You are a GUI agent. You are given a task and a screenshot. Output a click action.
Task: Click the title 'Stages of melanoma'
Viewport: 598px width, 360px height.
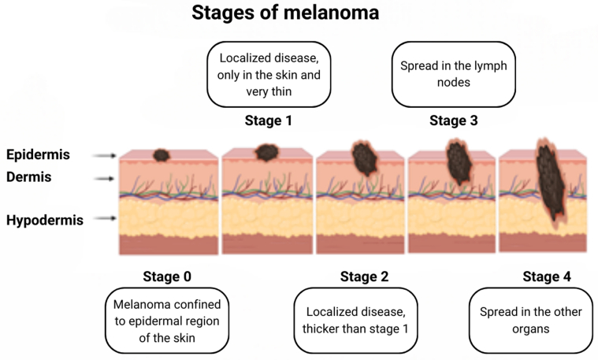click(x=284, y=13)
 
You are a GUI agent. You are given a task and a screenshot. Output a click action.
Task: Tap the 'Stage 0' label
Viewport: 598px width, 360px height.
click(x=166, y=276)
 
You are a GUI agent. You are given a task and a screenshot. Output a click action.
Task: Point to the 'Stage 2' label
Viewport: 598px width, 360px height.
click(x=364, y=276)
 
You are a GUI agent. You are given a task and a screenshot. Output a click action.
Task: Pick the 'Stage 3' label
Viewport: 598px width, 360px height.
click(x=453, y=121)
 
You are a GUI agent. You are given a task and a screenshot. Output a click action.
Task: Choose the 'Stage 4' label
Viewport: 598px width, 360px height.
click(x=546, y=276)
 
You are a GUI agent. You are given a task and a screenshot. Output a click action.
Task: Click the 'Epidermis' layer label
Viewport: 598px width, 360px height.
click(x=39, y=154)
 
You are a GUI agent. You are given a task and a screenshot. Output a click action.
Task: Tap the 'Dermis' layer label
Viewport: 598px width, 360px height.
click(x=29, y=177)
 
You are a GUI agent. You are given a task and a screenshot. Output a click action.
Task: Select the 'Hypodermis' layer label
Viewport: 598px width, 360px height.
click(x=44, y=221)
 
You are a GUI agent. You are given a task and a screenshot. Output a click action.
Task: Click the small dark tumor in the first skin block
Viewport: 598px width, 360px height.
click(x=163, y=156)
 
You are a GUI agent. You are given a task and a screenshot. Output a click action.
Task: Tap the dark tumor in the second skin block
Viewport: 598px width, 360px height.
click(x=268, y=152)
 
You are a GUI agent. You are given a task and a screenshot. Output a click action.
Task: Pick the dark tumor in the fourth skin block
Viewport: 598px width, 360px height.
click(x=458, y=161)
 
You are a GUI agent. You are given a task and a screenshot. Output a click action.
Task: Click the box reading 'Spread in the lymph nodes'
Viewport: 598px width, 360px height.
click(x=449, y=74)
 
